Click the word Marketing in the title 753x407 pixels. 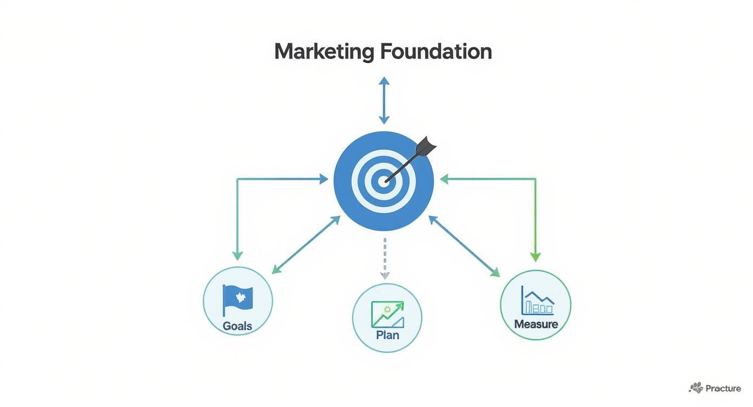323,52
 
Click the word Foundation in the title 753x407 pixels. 436,52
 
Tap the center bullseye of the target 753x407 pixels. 384,181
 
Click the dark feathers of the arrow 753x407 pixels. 426,147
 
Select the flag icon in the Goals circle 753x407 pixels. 237,299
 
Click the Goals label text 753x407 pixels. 237,326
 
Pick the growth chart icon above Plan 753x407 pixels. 387,314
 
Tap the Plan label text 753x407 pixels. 387,335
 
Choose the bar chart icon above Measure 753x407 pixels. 537,300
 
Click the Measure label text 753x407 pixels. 536,325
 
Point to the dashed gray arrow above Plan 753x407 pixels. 385,257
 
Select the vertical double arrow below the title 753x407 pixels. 384,101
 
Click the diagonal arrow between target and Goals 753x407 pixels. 306,245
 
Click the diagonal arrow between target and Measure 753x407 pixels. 464,246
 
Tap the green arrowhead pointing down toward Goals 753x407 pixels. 237,255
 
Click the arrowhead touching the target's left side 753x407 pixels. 323,179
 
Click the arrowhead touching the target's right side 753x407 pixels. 444,179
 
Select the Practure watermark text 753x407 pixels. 723,388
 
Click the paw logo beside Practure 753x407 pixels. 696,388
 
